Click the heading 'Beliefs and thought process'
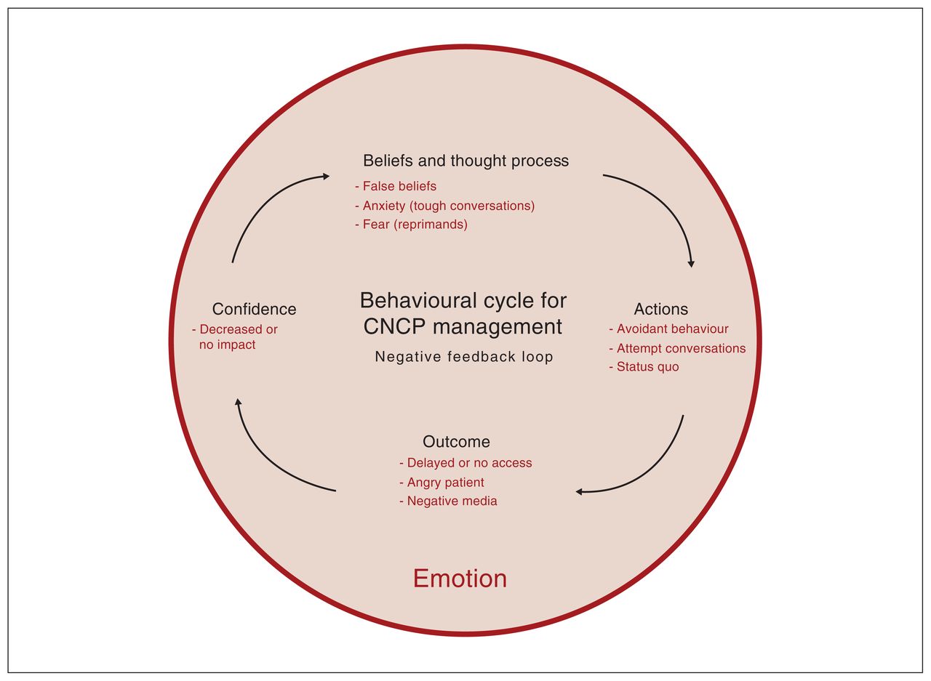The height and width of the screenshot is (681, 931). (x=465, y=161)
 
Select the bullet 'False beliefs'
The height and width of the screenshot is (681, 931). (x=396, y=186)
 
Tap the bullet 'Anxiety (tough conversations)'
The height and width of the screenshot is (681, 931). (x=444, y=206)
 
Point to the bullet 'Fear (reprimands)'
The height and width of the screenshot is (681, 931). (x=411, y=225)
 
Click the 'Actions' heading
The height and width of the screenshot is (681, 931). (x=661, y=309)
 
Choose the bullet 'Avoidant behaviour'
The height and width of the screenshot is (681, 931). (x=668, y=329)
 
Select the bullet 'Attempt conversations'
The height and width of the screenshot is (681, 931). (x=677, y=348)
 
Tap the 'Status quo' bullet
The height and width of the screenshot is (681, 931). (x=644, y=366)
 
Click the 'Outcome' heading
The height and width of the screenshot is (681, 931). (x=456, y=441)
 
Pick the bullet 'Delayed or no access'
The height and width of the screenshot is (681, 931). (x=465, y=462)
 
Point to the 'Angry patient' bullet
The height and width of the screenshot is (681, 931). (x=441, y=482)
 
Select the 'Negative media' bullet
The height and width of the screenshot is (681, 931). (x=448, y=501)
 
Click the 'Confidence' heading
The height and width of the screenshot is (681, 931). (x=254, y=309)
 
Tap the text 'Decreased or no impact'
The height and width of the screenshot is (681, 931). (x=235, y=337)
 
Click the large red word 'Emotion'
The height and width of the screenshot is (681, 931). (x=460, y=579)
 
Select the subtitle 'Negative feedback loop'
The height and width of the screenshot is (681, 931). (x=464, y=357)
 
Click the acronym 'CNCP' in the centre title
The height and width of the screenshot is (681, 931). (x=394, y=326)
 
